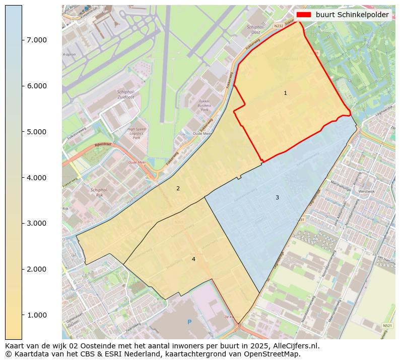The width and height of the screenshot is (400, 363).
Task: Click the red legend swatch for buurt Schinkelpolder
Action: tap(303, 15)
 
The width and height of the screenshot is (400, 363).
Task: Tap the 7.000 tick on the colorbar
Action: tap(37, 40)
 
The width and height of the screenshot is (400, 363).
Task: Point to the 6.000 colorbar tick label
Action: tap(37, 86)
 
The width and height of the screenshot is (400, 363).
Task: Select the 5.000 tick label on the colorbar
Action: tap(37, 132)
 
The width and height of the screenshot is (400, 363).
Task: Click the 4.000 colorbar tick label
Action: tap(37, 178)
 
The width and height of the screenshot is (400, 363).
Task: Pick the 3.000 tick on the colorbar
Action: tap(37, 223)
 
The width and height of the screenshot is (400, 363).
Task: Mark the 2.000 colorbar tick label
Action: tap(37, 269)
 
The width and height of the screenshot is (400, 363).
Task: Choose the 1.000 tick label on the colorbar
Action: tap(37, 315)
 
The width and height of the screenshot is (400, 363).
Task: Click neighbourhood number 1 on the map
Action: tap(285, 93)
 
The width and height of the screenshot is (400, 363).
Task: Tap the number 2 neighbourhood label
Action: tap(177, 188)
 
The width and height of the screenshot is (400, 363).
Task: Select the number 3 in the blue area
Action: tap(277, 197)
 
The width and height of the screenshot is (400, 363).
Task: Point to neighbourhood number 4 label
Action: tap(193, 259)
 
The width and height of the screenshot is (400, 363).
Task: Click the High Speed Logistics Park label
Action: tap(137, 133)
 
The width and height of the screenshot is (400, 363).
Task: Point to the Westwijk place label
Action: tap(366, 192)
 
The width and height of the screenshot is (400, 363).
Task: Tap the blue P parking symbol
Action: tap(189, 322)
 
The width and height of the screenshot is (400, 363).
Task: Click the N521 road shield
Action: tap(387, 326)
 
